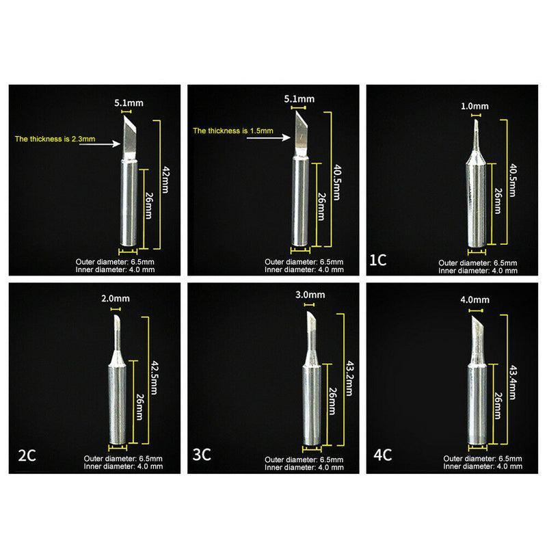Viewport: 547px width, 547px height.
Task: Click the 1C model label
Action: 378,261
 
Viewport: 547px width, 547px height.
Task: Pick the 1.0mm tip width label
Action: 475,106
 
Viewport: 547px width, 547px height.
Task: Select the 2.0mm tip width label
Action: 114,299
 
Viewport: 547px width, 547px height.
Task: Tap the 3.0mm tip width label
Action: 311,295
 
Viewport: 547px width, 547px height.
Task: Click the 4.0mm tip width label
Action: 476,299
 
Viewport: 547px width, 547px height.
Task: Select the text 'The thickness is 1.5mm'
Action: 232,130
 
